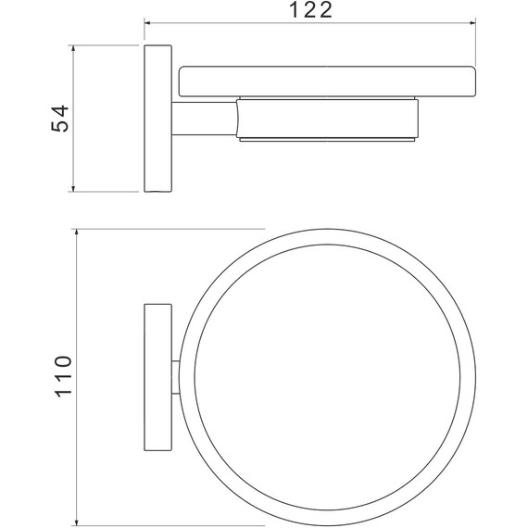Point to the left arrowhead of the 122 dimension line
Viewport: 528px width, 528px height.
click(x=148, y=23)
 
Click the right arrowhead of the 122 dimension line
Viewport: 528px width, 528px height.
click(x=472, y=23)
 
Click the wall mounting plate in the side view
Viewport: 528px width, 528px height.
click(x=157, y=119)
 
